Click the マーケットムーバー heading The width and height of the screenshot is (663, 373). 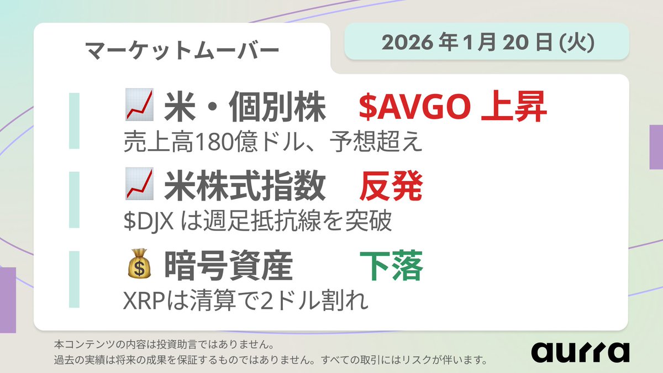(182, 51)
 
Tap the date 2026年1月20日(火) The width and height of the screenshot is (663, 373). (486, 42)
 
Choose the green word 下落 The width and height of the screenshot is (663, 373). (391, 267)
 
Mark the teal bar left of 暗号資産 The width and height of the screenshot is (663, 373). (74, 279)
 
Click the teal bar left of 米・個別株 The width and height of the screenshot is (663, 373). (74, 120)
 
